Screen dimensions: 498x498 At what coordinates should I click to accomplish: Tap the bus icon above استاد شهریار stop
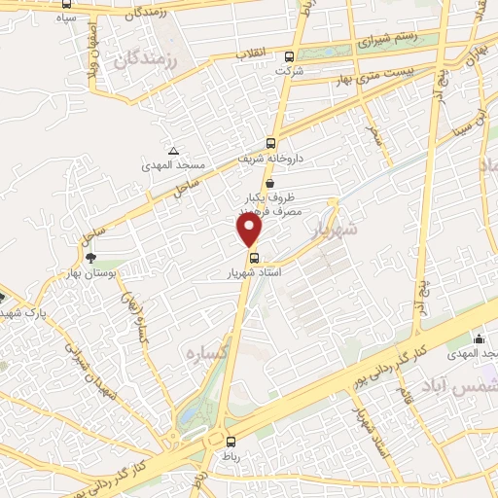coord(255,258)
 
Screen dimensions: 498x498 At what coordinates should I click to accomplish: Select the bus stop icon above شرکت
coord(290,56)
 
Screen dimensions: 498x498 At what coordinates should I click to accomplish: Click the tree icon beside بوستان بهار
coord(90,258)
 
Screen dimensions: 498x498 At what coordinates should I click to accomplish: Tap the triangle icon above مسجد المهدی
coord(174,150)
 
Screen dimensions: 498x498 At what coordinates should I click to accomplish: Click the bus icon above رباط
coord(228,439)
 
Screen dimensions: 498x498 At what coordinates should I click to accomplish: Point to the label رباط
coord(229,453)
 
